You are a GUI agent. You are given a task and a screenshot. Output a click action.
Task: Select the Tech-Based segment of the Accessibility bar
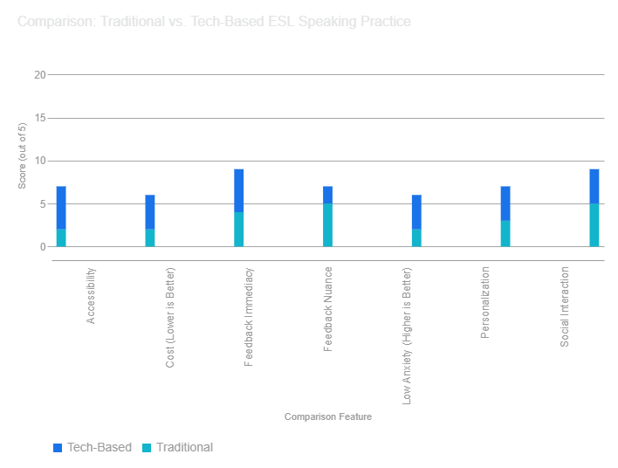(x=61, y=208)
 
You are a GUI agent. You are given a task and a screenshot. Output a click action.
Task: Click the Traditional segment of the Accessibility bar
(x=61, y=238)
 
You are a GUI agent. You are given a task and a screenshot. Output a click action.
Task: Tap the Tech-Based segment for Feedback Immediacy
(x=239, y=190)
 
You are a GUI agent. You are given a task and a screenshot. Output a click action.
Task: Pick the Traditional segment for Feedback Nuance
(x=327, y=225)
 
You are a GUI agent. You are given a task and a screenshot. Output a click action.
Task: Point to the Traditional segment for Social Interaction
(x=594, y=225)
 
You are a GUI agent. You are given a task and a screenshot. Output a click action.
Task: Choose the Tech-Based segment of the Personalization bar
(x=505, y=203)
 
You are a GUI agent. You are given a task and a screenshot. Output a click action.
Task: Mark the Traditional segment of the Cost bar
(x=150, y=238)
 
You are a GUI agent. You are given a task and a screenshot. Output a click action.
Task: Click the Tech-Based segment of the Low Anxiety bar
(x=416, y=212)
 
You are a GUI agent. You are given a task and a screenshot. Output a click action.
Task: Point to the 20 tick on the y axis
(x=39, y=75)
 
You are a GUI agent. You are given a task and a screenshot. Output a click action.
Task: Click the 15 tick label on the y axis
(x=39, y=118)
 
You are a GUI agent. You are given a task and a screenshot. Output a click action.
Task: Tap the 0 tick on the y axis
(x=42, y=247)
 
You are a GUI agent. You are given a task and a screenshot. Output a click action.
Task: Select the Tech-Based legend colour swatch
(x=58, y=448)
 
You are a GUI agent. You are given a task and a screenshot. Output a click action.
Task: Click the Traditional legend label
(x=184, y=447)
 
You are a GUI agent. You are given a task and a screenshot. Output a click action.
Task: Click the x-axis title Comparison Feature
(x=327, y=417)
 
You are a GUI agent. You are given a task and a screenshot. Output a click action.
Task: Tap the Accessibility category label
(x=91, y=297)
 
